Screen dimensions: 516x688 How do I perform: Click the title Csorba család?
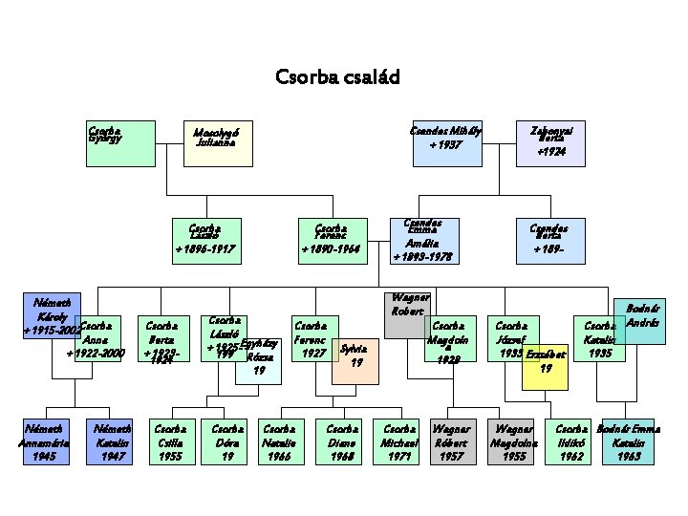click(336, 75)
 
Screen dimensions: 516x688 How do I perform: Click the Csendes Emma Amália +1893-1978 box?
click(421, 241)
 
